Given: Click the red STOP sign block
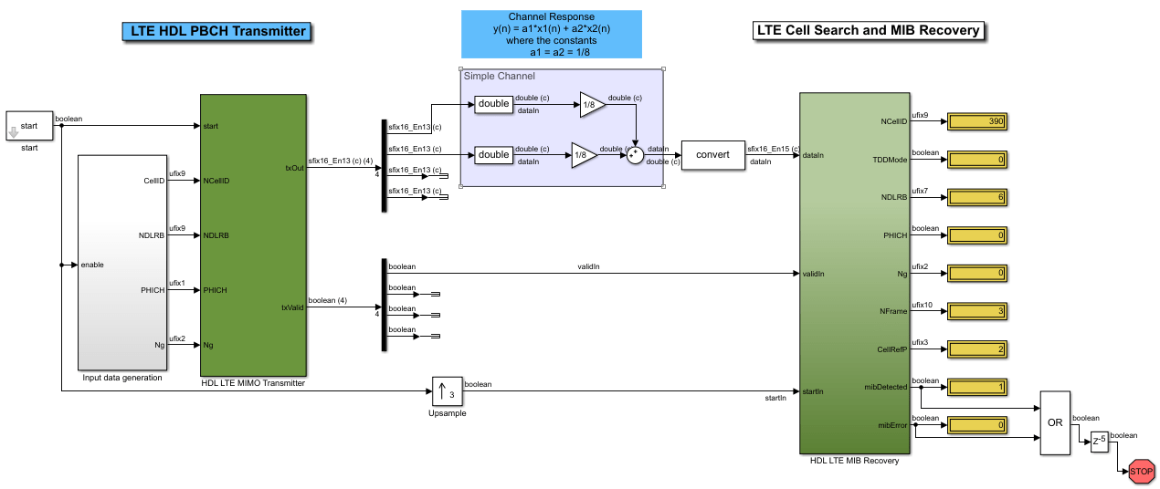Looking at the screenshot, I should [1141, 472].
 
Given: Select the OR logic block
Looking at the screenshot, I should [1054, 422].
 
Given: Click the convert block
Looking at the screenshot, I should [712, 154].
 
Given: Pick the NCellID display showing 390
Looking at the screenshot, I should [976, 121].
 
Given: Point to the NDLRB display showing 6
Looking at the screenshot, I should [976, 197].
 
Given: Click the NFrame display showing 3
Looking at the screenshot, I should [976, 311].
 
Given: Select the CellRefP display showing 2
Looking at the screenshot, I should [976, 349].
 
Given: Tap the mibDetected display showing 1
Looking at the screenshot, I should [976, 388].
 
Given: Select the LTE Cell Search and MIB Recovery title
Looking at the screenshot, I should [869, 30].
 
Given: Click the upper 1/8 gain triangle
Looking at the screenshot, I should [591, 104].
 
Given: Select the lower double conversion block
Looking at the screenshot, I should [493, 154].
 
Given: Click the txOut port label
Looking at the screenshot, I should [293, 167].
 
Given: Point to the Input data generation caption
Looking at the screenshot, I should [122, 378].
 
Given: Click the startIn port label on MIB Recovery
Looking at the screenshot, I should [813, 391].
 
